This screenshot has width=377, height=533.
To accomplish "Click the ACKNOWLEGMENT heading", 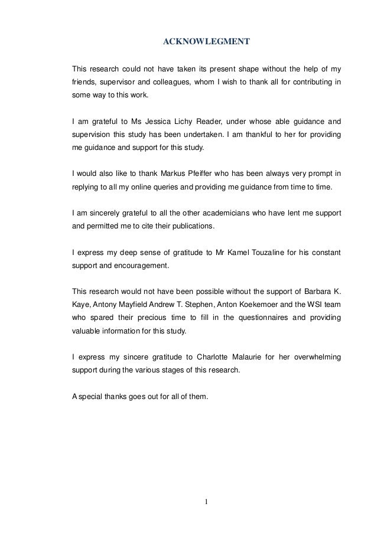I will pos(206,42).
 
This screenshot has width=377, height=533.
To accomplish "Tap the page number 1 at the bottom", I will pos(206,502).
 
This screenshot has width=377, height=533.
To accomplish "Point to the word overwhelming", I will pos(316,357).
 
